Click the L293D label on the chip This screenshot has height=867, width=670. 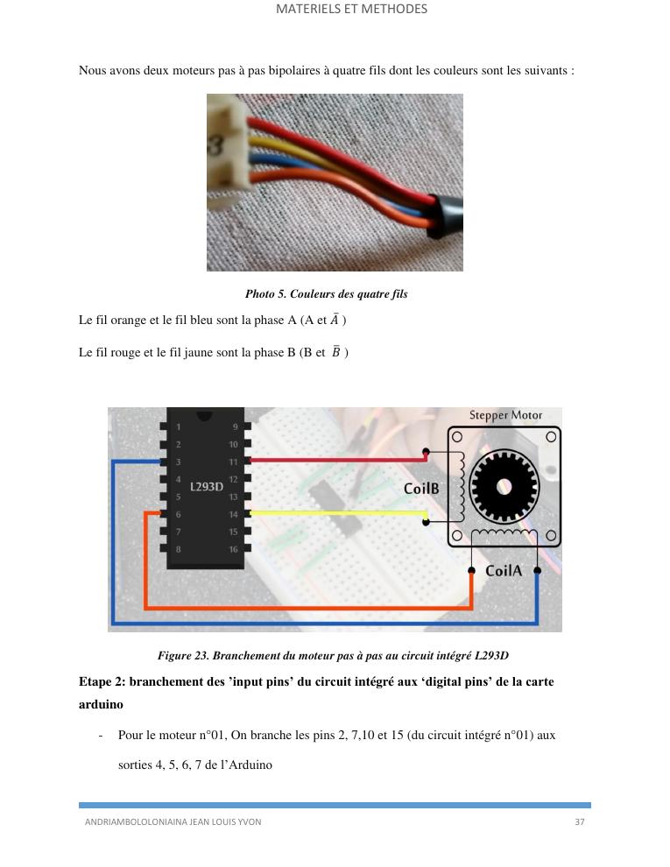(x=207, y=486)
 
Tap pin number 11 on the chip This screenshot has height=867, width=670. (x=234, y=462)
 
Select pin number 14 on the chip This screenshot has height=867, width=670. (x=234, y=514)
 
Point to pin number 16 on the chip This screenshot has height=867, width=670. (x=234, y=549)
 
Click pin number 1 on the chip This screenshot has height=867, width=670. (x=179, y=427)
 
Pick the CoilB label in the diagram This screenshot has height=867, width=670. (x=421, y=489)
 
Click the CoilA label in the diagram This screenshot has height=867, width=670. (x=504, y=571)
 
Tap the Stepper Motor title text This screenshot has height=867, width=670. (x=505, y=415)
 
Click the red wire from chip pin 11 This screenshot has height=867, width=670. (x=333, y=458)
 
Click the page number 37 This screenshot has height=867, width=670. (x=580, y=821)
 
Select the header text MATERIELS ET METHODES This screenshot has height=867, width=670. (x=351, y=9)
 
